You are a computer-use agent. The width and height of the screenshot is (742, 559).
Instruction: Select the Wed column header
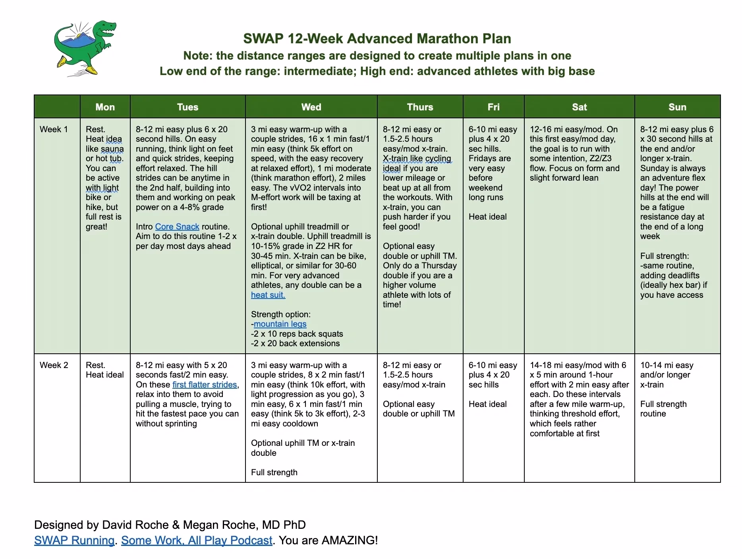(311, 107)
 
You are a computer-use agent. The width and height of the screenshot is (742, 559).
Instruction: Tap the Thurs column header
(420, 107)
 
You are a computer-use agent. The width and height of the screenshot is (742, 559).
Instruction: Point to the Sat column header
(579, 107)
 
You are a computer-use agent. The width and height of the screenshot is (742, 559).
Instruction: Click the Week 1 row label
(54, 129)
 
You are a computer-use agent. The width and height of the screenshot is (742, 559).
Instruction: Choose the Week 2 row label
(54, 365)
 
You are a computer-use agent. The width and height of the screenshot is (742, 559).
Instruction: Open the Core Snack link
(177, 227)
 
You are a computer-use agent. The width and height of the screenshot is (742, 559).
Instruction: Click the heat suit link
(268, 295)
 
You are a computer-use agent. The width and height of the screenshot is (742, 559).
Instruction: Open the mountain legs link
(280, 324)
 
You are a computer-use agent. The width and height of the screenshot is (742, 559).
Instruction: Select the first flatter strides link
(205, 385)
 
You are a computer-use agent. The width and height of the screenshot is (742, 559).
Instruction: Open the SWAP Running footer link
(74, 540)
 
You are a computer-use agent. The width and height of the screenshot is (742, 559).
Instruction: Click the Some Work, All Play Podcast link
(197, 540)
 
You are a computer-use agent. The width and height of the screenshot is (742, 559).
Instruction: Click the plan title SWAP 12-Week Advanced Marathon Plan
(377, 39)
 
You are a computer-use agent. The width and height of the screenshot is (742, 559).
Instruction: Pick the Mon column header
(105, 107)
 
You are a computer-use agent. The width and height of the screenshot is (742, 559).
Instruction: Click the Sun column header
(677, 107)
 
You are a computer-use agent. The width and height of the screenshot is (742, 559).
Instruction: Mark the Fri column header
(493, 107)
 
